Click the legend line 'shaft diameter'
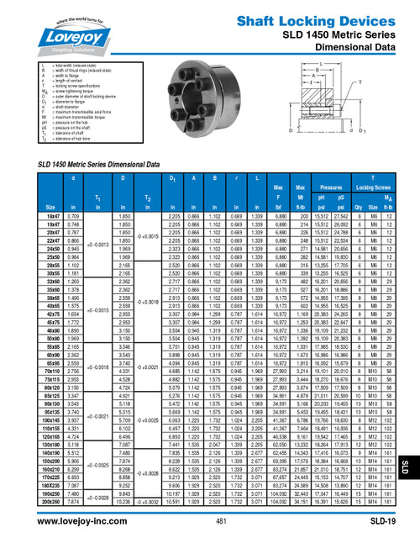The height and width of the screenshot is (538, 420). (x=71, y=107)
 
